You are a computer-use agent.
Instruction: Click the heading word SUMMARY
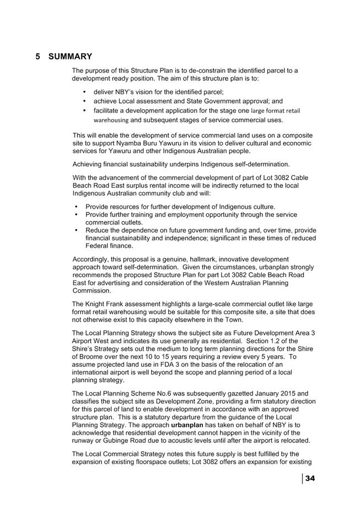click(70, 57)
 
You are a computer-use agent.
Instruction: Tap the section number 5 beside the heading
click(38, 57)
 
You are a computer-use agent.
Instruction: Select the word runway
click(84, 442)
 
